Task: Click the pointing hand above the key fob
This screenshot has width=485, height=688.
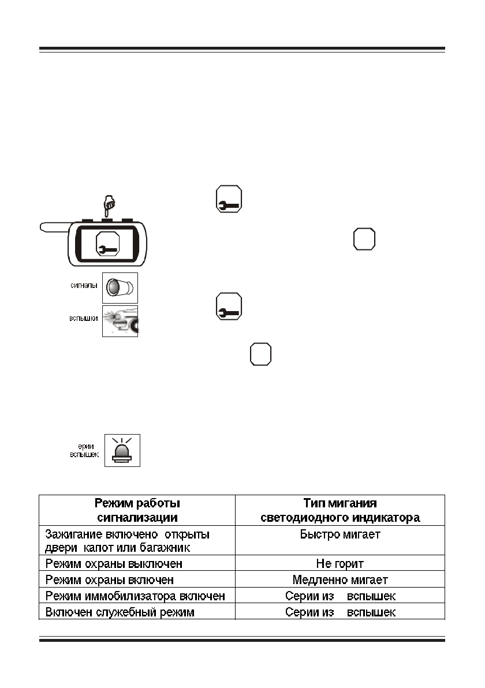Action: click(x=108, y=205)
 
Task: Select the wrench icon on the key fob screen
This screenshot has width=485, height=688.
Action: click(x=107, y=244)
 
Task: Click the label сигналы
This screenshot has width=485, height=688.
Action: click(x=84, y=285)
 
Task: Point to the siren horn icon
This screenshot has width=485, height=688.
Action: click(x=120, y=288)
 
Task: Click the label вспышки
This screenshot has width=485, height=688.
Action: click(x=83, y=318)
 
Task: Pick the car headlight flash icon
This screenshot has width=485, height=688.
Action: click(x=120, y=321)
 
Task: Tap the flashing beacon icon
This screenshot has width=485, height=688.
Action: click(x=122, y=450)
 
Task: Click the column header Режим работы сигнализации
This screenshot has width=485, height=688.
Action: click(x=137, y=510)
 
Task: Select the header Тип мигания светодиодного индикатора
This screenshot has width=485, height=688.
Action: click(x=340, y=510)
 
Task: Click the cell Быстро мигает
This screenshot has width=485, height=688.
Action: click(x=340, y=534)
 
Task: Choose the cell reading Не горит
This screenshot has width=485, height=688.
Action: click(x=340, y=563)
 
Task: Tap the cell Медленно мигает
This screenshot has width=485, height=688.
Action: click(x=340, y=580)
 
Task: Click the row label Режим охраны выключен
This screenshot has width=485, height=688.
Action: click(x=114, y=563)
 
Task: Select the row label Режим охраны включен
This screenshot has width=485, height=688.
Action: click(x=110, y=580)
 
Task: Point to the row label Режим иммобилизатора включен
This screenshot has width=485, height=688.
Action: click(x=135, y=596)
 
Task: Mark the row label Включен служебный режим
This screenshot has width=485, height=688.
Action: click(x=120, y=612)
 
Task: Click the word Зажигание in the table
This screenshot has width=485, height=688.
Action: click(x=70, y=534)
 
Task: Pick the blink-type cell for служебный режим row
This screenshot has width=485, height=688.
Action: click(x=340, y=612)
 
